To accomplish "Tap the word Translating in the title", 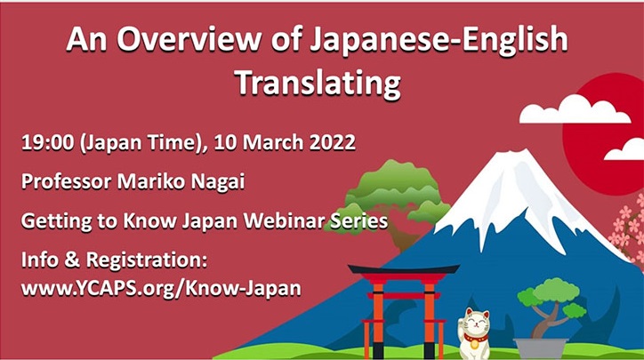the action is click(x=318, y=83).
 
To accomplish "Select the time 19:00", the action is click(x=47, y=142).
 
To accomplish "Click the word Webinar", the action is click(x=283, y=221).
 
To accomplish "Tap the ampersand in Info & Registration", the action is click(x=71, y=260).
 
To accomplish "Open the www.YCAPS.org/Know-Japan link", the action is click(x=161, y=289).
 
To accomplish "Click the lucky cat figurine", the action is click(x=474, y=333).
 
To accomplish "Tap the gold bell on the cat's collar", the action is click(x=475, y=344).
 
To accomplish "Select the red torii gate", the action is click(x=404, y=310).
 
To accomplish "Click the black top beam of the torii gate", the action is click(x=404, y=269).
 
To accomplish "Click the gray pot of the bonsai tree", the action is click(x=541, y=348).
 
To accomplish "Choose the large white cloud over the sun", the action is click(x=575, y=110).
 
